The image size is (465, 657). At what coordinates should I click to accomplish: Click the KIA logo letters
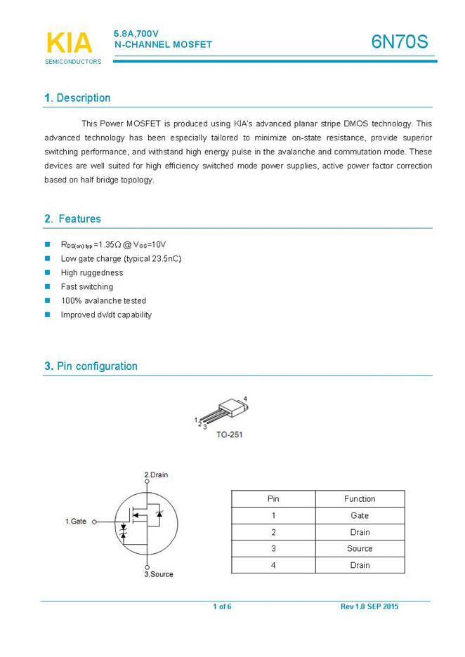pyautogui.click(x=68, y=43)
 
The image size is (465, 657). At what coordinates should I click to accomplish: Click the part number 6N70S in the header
pyautogui.click(x=399, y=42)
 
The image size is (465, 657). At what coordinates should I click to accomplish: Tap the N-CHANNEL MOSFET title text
pyautogui.click(x=162, y=45)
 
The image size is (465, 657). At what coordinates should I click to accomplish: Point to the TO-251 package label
pyautogui.click(x=229, y=435)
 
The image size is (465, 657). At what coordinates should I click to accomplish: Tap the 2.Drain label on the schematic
pyautogui.click(x=156, y=475)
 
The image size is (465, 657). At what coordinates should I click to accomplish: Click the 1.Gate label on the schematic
pyautogui.click(x=75, y=522)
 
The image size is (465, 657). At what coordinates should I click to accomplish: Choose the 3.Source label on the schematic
pyautogui.click(x=159, y=574)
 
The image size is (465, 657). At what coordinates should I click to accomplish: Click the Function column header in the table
pyautogui.click(x=360, y=499)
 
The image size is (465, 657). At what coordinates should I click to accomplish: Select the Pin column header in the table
pyautogui.click(x=273, y=499)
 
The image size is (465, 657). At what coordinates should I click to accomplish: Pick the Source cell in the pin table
pyautogui.click(x=360, y=549)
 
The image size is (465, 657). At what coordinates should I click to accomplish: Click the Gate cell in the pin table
pyautogui.click(x=360, y=516)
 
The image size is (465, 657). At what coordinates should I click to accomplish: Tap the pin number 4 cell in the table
pyautogui.click(x=273, y=565)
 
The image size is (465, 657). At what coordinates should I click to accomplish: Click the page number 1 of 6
pyautogui.click(x=222, y=606)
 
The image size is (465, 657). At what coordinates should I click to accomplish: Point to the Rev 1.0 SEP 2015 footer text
pyautogui.click(x=369, y=606)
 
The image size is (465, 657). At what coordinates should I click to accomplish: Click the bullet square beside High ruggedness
pyautogui.click(x=48, y=272)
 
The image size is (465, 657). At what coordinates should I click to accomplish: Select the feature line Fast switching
pyautogui.click(x=86, y=286)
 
